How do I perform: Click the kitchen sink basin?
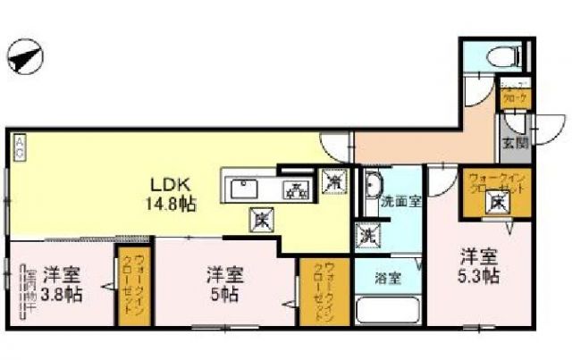pos(244,189)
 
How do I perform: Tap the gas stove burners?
pos(294,189)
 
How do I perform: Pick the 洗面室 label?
pos(401,202)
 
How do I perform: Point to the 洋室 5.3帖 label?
pos(479,265)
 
